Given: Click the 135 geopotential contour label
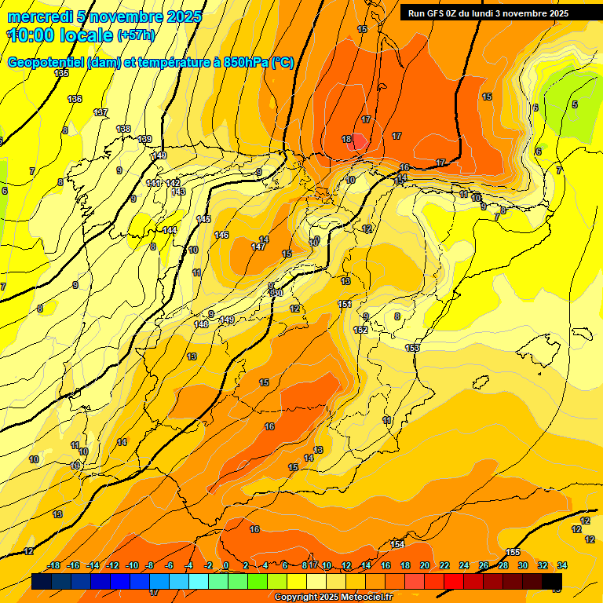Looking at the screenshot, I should coord(61,73).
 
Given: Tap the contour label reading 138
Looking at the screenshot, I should coord(123,129).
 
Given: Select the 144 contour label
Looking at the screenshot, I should coord(170,230).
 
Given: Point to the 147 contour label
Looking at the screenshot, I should coord(258,247).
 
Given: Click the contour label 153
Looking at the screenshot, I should coord(412,348).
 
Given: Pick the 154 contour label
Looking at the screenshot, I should coord(397,544).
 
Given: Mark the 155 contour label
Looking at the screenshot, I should coord(513,552).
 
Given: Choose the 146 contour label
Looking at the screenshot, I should coord(221,235).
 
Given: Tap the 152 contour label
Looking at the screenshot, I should coord(360,330).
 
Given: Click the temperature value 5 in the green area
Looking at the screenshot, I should coord(574,104).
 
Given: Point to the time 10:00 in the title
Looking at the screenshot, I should coord(32,35).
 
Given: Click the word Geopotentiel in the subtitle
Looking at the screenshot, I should coord(45,63).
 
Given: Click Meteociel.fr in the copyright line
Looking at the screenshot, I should coord(364,597).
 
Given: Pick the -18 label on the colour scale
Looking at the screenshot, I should coord(54,565).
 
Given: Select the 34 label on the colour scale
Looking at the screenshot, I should coord(562,565).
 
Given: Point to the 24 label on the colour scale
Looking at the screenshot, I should coord(464,565).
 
